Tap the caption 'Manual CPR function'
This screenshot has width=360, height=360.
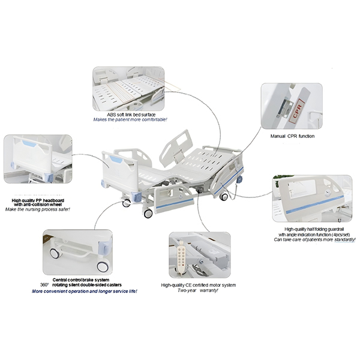(292, 136)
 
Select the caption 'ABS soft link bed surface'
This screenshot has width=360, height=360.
(131, 115)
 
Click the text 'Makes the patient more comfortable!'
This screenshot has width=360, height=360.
(130, 119)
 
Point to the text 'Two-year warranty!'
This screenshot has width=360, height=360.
(198, 290)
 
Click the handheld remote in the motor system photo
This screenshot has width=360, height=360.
(181, 257)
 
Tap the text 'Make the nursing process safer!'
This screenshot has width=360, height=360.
(37, 209)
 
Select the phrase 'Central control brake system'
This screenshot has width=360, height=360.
(81, 280)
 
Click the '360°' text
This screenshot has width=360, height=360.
(44, 285)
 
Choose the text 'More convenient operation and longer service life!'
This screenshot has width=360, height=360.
(85, 292)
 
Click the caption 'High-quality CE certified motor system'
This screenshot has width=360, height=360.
(199, 285)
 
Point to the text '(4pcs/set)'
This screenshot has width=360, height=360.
(341, 235)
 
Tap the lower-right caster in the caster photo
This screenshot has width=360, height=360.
(103, 266)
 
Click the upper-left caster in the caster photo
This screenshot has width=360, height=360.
(55, 253)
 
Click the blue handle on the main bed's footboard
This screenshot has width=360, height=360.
(116, 159)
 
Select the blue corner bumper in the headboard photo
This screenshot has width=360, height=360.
(49, 178)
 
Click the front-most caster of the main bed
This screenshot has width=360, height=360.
(148, 214)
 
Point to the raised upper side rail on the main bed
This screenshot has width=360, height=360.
(175, 148)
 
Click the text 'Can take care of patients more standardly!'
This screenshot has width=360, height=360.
(314, 239)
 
